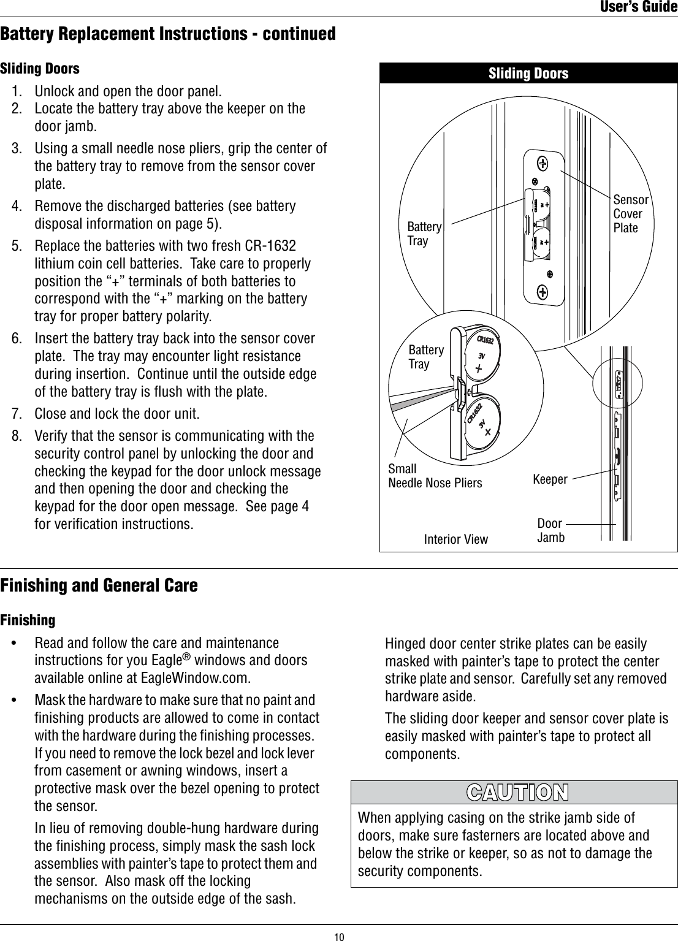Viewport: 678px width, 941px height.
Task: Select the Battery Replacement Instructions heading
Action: click(168, 33)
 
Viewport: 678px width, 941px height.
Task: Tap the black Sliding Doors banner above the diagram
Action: click(528, 74)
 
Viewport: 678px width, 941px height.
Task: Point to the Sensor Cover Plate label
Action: click(630, 213)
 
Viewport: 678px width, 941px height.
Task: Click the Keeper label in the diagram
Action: click(550, 479)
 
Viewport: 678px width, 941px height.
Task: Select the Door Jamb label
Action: click(550, 530)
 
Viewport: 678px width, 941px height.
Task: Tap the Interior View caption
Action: click(456, 539)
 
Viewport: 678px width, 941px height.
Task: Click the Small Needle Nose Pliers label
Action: click(435, 476)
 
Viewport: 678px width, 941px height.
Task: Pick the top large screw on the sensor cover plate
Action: click(543, 164)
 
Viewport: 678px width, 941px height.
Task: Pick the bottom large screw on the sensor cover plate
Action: click(543, 292)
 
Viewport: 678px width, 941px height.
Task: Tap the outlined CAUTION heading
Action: click(517, 792)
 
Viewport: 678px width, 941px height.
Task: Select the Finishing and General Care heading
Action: click(99, 585)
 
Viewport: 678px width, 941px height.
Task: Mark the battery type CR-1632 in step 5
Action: click(270, 246)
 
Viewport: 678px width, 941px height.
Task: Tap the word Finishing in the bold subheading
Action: click(28, 620)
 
